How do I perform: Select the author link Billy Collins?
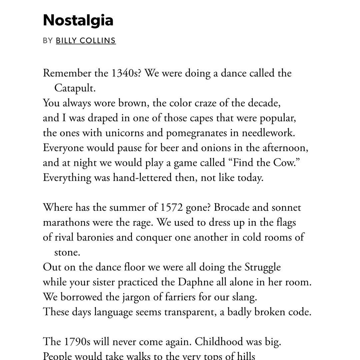click(x=86, y=41)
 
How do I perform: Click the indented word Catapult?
click(x=75, y=88)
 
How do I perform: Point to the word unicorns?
click(x=124, y=133)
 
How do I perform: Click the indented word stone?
click(x=67, y=252)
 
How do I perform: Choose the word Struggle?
click(x=263, y=267)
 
